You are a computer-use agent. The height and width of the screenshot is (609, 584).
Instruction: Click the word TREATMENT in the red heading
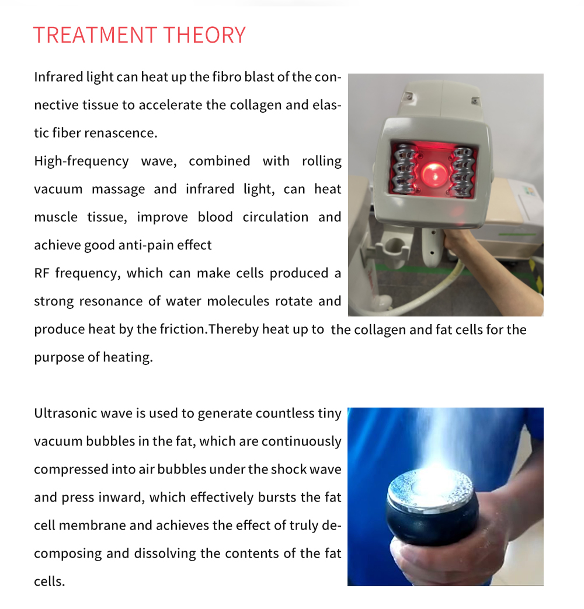click(x=95, y=35)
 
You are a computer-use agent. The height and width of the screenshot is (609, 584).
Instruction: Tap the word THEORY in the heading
click(x=205, y=35)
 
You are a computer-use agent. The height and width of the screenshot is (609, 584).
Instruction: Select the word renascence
click(x=121, y=133)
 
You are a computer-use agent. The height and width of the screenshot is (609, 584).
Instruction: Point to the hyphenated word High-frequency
click(x=82, y=161)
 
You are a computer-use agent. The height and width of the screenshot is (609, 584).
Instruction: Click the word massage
click(x=118, y=190)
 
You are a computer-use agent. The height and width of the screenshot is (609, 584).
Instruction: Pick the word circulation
click(x=276, y=217)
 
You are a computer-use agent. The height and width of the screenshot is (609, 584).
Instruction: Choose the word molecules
click(x=238, y=301)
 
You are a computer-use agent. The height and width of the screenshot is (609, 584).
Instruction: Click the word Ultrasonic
click(x=65, y=413)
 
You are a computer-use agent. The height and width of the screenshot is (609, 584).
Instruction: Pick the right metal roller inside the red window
click(x=463, y=171)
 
